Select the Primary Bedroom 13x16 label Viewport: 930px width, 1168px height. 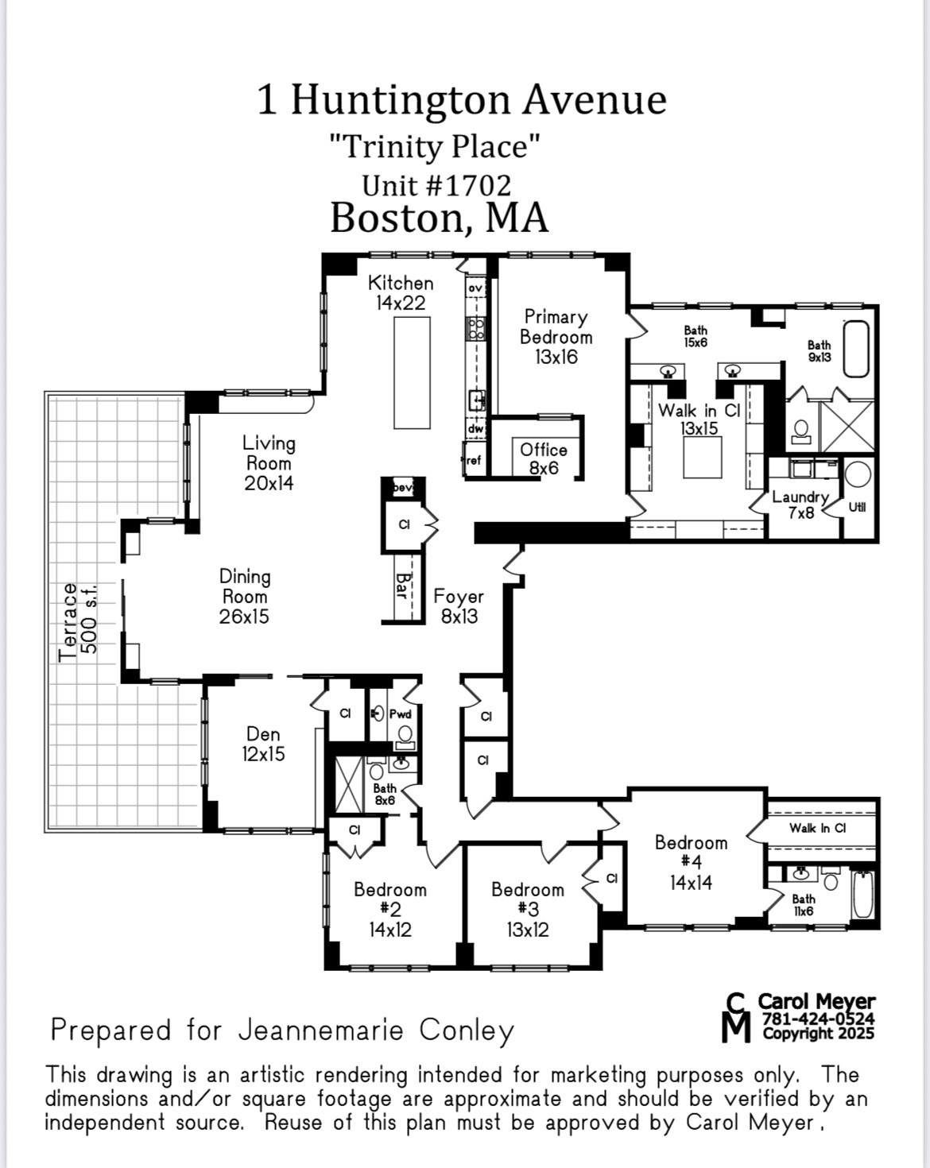pyautogui.click(x=556, y=337)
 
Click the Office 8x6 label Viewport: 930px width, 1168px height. pyautogui.click(x=544, y=458)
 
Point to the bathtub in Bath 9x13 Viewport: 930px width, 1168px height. pyautogui.click(x=856, y=348)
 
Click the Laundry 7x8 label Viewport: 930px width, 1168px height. pyautogui.click(x=800, y=505)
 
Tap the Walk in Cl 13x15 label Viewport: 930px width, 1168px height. pyautogui.click(x=699, y=419)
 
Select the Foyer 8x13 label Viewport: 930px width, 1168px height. pyautogui.click(x=459, y=605)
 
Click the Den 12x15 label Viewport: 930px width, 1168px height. pyautogui.click(x=263, y=744)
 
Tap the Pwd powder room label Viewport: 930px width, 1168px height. pyautogui.click(x=400, y=714)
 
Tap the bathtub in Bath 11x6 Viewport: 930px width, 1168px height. pyautogui.click(x=862, y=895)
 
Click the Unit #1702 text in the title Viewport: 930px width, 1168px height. pyautogui.click(x=436, y=185)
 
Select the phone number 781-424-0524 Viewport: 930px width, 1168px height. pyautogui.click(x=818, y=1019)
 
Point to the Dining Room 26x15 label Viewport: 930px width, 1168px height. pyautogui.click(x=244, y=596)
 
